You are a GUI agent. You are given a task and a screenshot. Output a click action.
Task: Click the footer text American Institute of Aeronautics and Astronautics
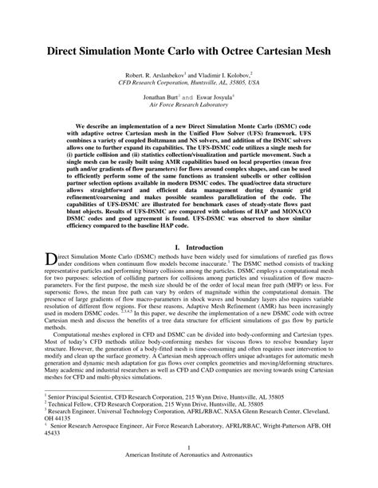pyautogui.click(x=188, y=478)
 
